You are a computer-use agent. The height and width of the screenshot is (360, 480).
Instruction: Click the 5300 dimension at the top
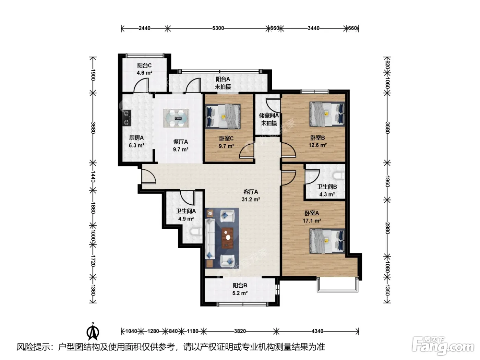(218, 28)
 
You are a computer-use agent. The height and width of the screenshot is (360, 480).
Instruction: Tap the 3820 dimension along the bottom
(240, 331)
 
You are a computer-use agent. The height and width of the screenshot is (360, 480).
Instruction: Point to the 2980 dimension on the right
(387, 228)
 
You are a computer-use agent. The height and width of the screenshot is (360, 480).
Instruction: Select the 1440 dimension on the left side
(93, 177)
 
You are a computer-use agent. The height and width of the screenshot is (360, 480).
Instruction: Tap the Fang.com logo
(443, 346)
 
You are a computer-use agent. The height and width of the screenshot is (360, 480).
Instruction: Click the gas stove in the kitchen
(127, 118)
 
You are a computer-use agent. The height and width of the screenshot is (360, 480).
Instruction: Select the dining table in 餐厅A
(176, 118)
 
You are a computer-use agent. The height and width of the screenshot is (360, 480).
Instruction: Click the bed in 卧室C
(223, 116)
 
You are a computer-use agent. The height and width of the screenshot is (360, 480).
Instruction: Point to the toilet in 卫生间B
(338, 176)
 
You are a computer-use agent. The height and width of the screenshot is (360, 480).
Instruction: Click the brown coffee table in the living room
(227, 238)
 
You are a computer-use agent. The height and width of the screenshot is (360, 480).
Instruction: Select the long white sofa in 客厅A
(210, 239)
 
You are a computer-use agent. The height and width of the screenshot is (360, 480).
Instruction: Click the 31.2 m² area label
(251, 199)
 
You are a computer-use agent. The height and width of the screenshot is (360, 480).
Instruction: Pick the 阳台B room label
(240, 286)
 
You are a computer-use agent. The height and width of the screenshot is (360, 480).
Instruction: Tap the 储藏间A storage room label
(269, 115)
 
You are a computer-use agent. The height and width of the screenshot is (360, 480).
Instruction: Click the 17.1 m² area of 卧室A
(312, 221)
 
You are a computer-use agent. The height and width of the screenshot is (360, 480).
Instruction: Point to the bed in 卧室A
(327, 241)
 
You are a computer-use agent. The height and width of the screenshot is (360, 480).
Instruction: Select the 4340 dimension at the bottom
(317, 331)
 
